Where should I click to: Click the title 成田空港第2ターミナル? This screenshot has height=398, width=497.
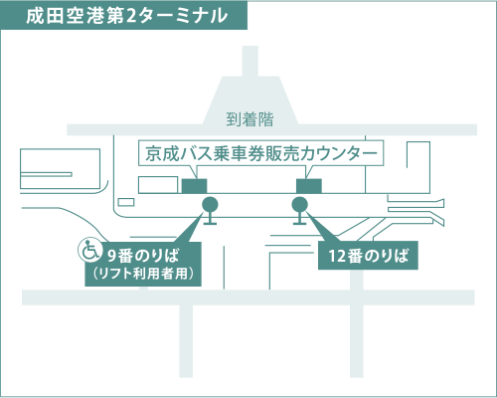point(127,16)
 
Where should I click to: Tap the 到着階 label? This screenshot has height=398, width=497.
point(249,119)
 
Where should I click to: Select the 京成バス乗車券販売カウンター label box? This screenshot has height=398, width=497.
point(261,153)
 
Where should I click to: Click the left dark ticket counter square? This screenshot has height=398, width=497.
point(195,186)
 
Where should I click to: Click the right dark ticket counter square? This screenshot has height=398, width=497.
point(309,186)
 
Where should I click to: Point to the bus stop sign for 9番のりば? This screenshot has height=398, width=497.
point(210,210)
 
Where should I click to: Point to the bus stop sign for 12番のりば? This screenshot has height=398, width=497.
point(300,210)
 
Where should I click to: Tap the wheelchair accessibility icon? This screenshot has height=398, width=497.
point(89,251)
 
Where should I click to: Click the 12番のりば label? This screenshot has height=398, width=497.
point(368,256)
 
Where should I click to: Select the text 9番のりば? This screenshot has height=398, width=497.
point(143,256)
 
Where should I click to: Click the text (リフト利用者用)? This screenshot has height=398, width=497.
point(143,274)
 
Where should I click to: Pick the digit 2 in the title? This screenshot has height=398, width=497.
point(131,16)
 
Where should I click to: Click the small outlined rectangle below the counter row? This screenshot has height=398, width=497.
point(126,202)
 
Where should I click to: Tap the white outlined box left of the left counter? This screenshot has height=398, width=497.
point(158,185)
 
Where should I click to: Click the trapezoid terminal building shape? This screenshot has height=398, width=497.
point(250,100)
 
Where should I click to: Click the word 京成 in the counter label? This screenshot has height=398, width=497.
point(162,153)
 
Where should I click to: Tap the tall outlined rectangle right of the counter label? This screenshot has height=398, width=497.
point(418,167)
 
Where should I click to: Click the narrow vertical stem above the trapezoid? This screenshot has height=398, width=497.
point(250,62)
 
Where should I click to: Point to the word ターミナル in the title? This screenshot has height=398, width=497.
point(183,16)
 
